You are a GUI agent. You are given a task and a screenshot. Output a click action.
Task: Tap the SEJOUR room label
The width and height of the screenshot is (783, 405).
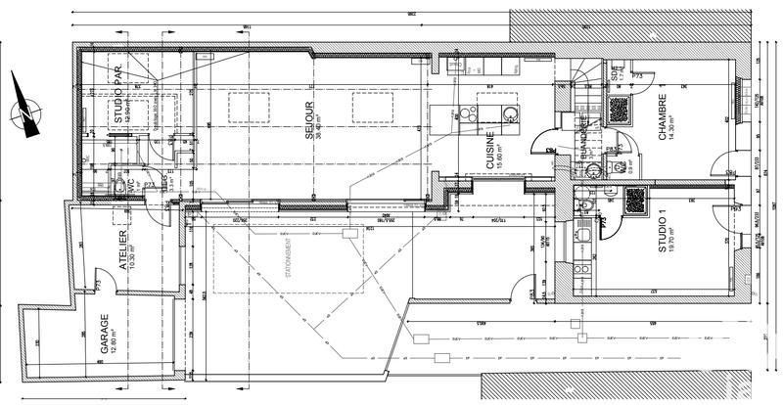pyautogui.click(x=307, y=119)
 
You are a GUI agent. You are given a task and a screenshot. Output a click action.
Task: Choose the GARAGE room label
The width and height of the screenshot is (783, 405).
pyautogui.click(x=102, y=335)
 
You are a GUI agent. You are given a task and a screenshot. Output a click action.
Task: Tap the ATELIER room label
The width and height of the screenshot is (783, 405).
pyautogui.click(x=122, y=251)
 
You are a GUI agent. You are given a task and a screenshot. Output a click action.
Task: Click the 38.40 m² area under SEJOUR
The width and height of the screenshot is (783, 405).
pyautogui.click(x=320, y=119)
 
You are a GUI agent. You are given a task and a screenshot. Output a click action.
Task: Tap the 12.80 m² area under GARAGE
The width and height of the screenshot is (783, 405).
pyautogui.click(x=114, y=335)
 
